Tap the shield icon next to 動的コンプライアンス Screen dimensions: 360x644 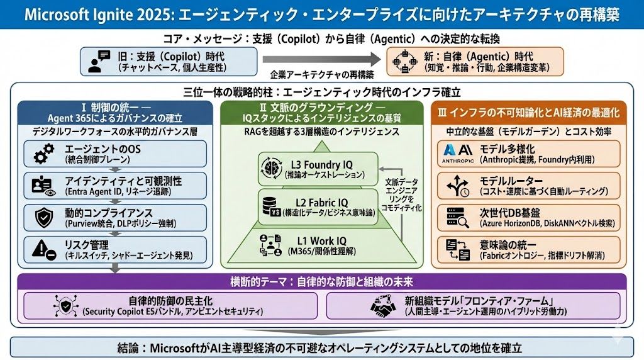[x=45, y=218]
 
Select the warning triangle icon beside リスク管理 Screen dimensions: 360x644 [x=44, y=249]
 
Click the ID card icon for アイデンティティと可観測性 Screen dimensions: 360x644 [x=44, y=186]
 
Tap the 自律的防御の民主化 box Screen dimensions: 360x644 [x=170, y=306]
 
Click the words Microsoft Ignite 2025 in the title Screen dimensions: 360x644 [x=91, y=14]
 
